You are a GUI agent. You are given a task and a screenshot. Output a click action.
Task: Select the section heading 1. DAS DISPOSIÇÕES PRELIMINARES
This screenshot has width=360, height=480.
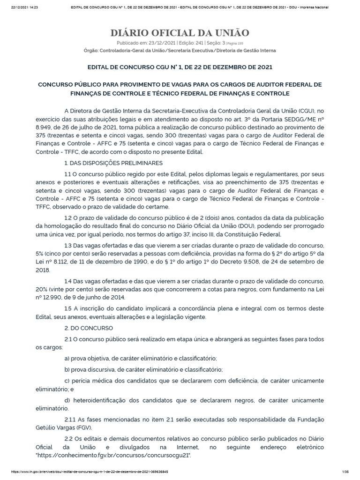[113, 163]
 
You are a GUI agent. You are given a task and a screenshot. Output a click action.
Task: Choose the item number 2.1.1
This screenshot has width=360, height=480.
[71, 419]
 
